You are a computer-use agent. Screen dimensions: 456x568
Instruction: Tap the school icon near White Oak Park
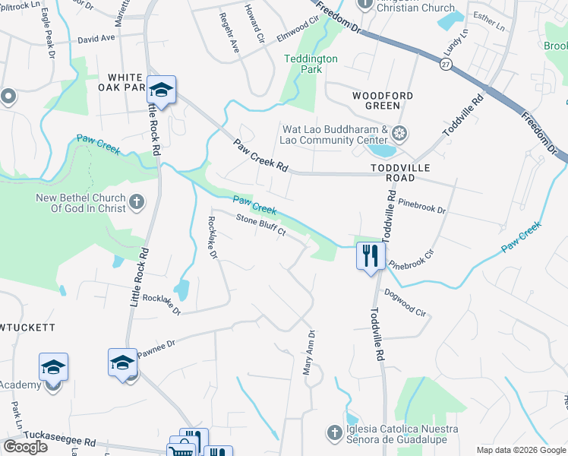click(x=162, y=90)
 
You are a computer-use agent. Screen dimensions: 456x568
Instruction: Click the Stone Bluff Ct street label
click(x=260, y=226)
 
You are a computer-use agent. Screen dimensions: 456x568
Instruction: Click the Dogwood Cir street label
click(x=405, y=302)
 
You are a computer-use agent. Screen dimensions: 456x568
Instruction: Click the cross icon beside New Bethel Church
click(x=136, y=201)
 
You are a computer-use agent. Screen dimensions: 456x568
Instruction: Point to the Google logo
click(x=25, y=447)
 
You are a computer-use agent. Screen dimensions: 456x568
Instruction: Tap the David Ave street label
click(x=96, y=37)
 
